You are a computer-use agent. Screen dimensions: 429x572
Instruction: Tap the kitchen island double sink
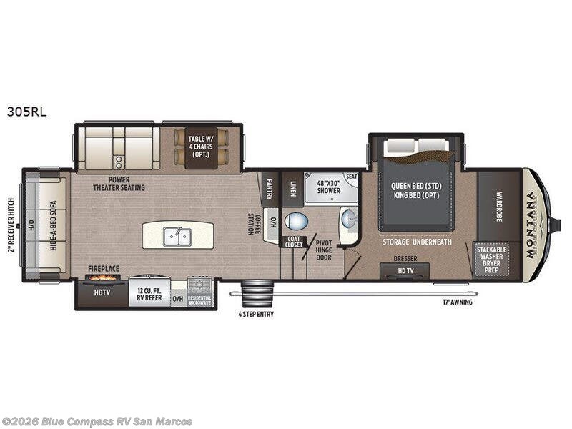[x=175, y=235]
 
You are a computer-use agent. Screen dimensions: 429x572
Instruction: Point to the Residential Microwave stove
[x=200, y=292]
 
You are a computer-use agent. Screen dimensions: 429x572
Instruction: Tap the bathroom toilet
[x=295, y=220]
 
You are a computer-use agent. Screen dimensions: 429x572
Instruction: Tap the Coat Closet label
[x=295, y=242]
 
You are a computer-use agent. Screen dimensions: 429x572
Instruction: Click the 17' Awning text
[x=456, y=302]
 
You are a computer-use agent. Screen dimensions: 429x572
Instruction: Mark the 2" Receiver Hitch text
[x=11, y=225]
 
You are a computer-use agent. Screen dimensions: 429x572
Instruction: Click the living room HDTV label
[x=101, y=292]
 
